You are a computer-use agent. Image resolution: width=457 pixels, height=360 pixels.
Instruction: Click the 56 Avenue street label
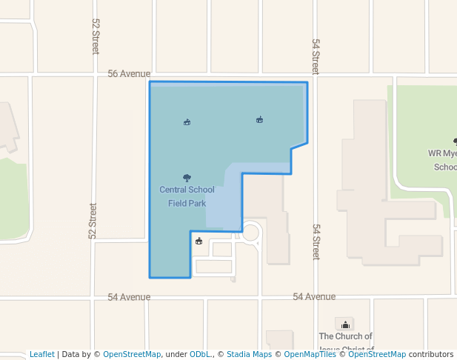coord(129,74)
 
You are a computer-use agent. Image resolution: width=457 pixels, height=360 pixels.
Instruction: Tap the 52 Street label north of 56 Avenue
coord(96,37)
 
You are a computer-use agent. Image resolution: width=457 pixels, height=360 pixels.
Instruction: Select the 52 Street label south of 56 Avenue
coord(93,221)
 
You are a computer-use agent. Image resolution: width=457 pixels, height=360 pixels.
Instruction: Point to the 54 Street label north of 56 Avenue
coord(316,56)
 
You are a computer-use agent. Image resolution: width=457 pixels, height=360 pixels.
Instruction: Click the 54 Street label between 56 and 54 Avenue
coord(316,241)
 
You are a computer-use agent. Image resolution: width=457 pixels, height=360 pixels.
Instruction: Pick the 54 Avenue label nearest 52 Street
coord(129,297)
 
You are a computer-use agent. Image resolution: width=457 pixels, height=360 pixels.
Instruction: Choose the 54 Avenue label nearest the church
coord(314,296)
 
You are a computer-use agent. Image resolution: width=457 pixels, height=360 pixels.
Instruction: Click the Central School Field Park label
coord(187,196)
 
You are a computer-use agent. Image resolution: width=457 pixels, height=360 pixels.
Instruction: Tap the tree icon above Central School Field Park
coord(187,178)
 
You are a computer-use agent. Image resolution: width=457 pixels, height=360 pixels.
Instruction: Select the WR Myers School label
coord(442,160)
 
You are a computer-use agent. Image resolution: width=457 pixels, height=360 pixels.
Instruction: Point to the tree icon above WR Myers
coord(455,141)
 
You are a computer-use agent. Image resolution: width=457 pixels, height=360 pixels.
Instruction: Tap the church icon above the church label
coord(345,324)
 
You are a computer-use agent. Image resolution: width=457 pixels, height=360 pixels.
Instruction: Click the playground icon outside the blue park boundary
coord(199,240)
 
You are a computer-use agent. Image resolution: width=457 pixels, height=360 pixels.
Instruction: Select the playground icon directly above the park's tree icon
coord(187,121)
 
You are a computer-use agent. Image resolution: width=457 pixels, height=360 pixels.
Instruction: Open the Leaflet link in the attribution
coord(41,354)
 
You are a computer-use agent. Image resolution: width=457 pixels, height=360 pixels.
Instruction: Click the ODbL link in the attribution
coord(200,354)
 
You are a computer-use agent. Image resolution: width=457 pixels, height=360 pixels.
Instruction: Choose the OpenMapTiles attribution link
coord(310,354)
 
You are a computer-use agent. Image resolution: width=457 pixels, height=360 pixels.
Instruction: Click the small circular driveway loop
coord(252,233)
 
